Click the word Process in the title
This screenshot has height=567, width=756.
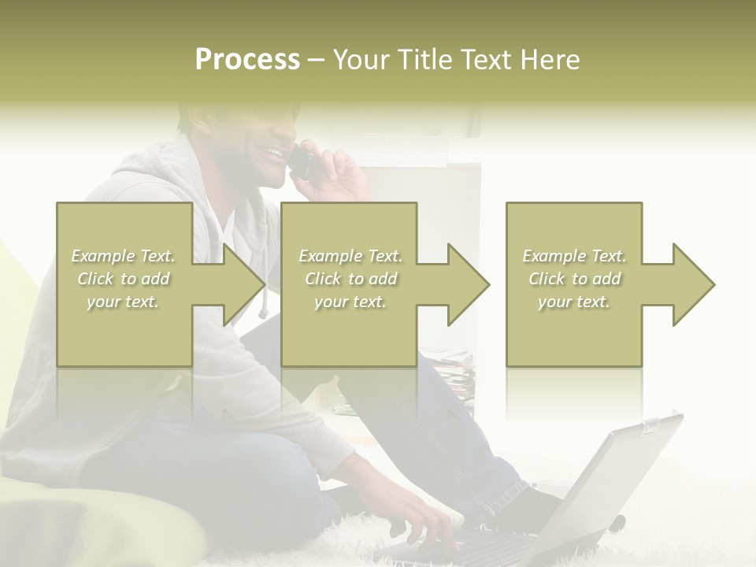247,60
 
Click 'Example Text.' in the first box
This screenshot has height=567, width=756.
123,256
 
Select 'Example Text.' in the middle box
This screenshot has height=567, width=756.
350,256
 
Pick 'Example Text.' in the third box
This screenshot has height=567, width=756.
574,256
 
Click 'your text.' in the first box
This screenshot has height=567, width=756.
123,302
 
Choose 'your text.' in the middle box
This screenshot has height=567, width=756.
350,302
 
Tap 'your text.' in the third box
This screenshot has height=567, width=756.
574,302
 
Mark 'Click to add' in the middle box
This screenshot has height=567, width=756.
350,279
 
